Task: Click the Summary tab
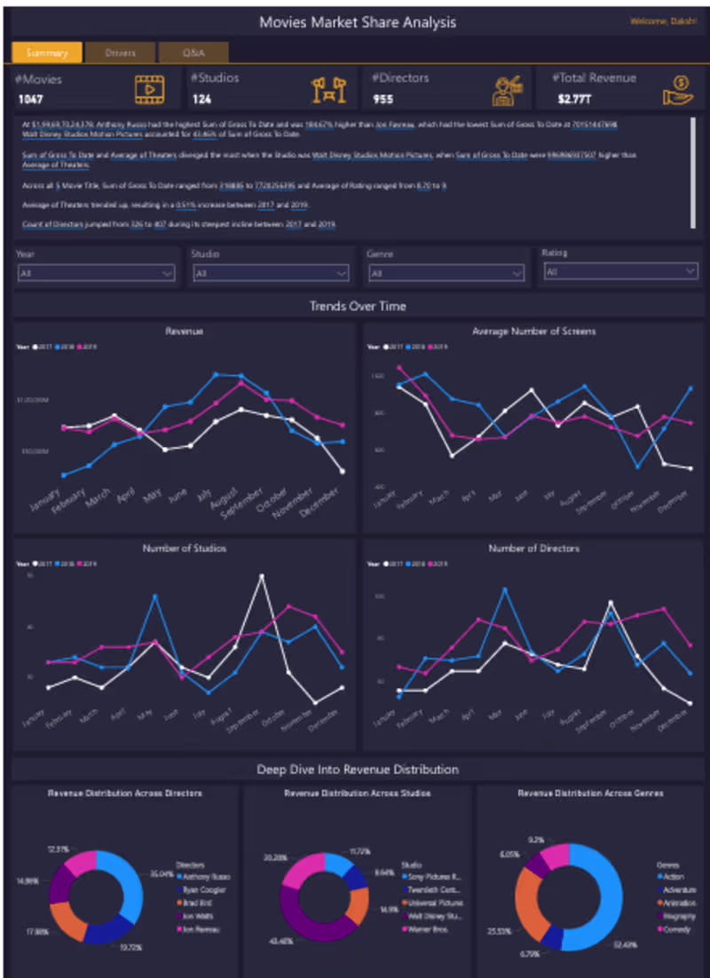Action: pyautogui.click(x=47, y=53)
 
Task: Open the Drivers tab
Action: pyautogui.click(x=120, y=53)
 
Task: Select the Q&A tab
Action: pyautogui.click(x=193, y=53)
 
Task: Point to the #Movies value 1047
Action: pyautogui.click(x=30, y=98)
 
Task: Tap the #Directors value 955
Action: pyautogui.click(x=383, y=98)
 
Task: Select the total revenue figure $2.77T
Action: pyautogui.click(x=573, y=98)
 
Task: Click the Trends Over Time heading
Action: pyautogui.click(x=358, y=306)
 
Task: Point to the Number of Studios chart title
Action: pyautogui.click(x=184, y=549)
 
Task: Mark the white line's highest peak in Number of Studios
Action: pyautogui.click(x=261, y=576)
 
